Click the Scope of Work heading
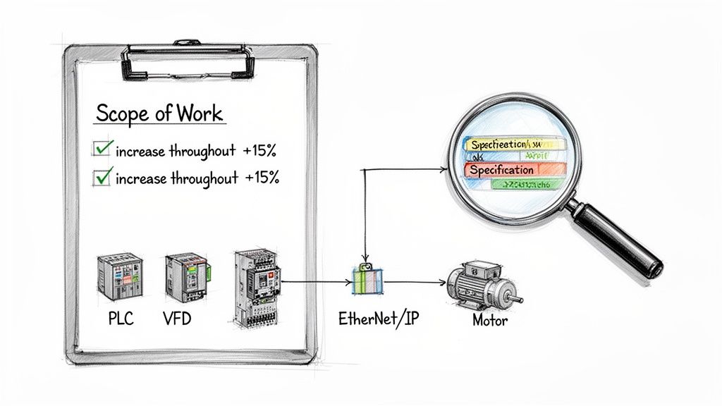pyautogui.click(x=159, y=113)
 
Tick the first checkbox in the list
pyautogui.click(x=102, y=149)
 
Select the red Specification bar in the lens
pyautogui.click(x=514, y=169)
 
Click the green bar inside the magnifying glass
pyautogui.click(x=522, y=184)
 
